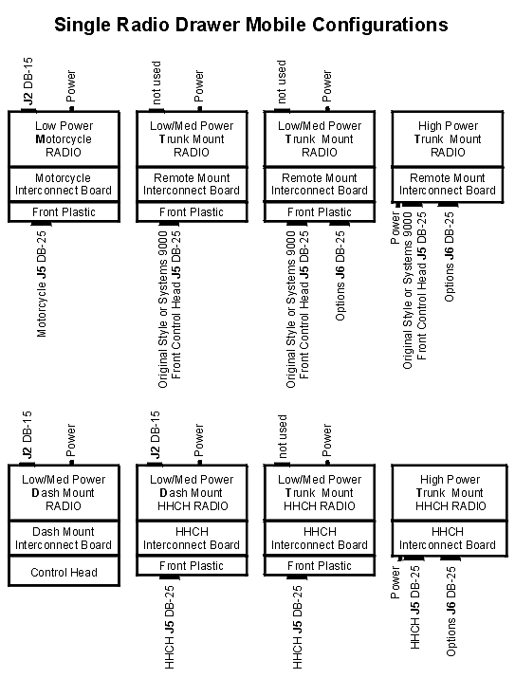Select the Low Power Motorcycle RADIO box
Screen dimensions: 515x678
(64, 138)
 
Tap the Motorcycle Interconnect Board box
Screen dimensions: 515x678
(64, 184)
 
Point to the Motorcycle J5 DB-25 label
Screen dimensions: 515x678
(42, 284)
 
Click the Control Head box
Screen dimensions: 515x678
(64, 571)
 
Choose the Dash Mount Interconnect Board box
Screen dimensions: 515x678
(64, 538)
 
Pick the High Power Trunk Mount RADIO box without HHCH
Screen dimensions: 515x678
(448, 138)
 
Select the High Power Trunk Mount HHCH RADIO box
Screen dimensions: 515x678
(450, 492)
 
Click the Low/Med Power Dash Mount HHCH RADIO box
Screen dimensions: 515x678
(192, 492)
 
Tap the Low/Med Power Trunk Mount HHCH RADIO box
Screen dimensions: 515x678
(320, 492)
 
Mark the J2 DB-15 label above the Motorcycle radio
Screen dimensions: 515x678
(28, 82)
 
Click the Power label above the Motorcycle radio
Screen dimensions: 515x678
(70, 86)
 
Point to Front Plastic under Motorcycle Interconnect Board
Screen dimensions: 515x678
(64, 211)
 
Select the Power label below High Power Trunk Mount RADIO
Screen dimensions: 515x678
(395, 228)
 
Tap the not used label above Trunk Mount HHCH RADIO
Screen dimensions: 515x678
(283, 436)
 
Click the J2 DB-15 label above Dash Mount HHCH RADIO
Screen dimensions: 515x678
(156, 434)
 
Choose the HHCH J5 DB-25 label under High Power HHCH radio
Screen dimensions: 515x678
(414, 607)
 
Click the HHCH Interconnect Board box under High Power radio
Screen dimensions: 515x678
(450, 539)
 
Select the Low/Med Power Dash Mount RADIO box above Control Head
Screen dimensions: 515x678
(64, 492)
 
